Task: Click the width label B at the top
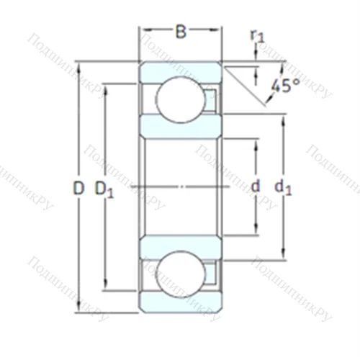point(181,31)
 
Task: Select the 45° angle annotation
point(285,86)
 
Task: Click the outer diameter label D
point(78,189)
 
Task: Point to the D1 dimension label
point(104,189)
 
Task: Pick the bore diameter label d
point(255,186)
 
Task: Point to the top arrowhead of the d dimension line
point(255,141)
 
